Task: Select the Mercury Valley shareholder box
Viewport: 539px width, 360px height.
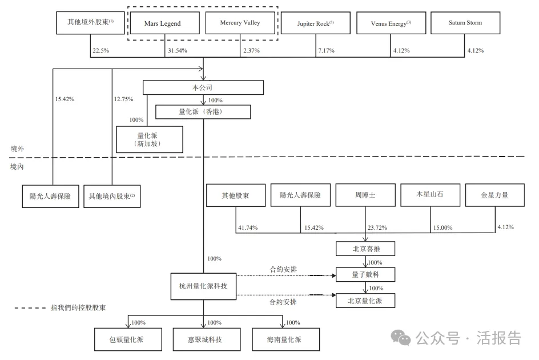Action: click(x=240, y=23)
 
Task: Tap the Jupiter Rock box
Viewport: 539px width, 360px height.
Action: click(x=315, y=23)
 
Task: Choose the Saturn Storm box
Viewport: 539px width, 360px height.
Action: click(x=465, y=23)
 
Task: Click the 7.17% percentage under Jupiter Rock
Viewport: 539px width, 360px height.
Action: click(x=326, y=51)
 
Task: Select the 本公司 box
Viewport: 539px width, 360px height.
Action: click(x=203, y=87)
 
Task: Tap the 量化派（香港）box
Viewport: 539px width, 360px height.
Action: click(x=203, y=112)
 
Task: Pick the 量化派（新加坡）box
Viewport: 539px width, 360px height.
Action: click(x=150, y=139)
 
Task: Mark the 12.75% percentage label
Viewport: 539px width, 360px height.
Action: click(x=123, y=99)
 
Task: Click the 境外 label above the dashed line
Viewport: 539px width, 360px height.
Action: click(x=18, y=149)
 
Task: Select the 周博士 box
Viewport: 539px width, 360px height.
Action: click(x=364, y=195)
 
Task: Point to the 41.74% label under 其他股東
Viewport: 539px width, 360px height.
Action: click(x=247, y=227)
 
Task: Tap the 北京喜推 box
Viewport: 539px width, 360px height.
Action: click(x=365, y=249)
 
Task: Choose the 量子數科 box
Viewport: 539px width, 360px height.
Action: click(x=365, y=275)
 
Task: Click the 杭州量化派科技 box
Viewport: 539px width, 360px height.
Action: click(x=203, y=286)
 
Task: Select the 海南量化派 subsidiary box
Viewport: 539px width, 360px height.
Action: click(x=285, y=339)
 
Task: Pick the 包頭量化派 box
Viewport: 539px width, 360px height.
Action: click(x=127, y=339)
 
